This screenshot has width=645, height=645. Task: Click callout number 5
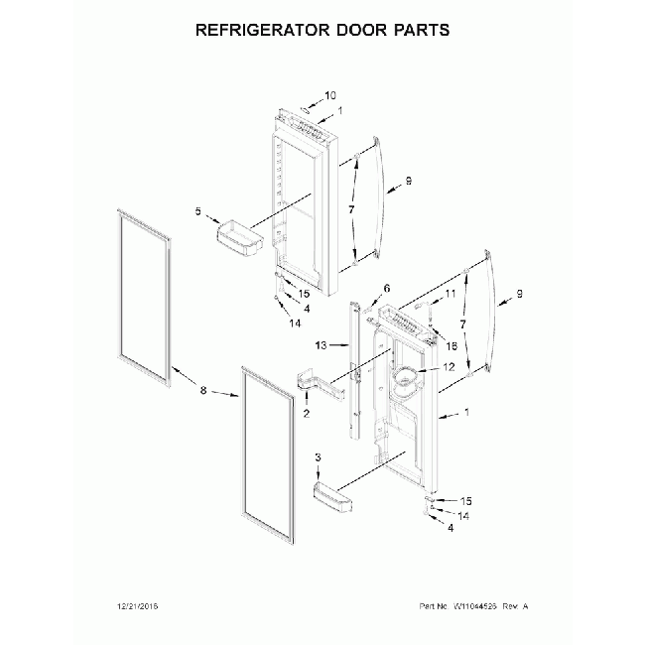[198, 212]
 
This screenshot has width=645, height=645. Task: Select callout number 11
[450, 294]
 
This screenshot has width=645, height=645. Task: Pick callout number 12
[449, 366]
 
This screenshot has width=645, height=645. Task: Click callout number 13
[320, 346]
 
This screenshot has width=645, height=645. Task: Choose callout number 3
[318, 456]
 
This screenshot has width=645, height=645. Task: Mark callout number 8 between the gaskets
[203, 391]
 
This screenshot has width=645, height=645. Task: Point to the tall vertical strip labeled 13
[353, 367]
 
